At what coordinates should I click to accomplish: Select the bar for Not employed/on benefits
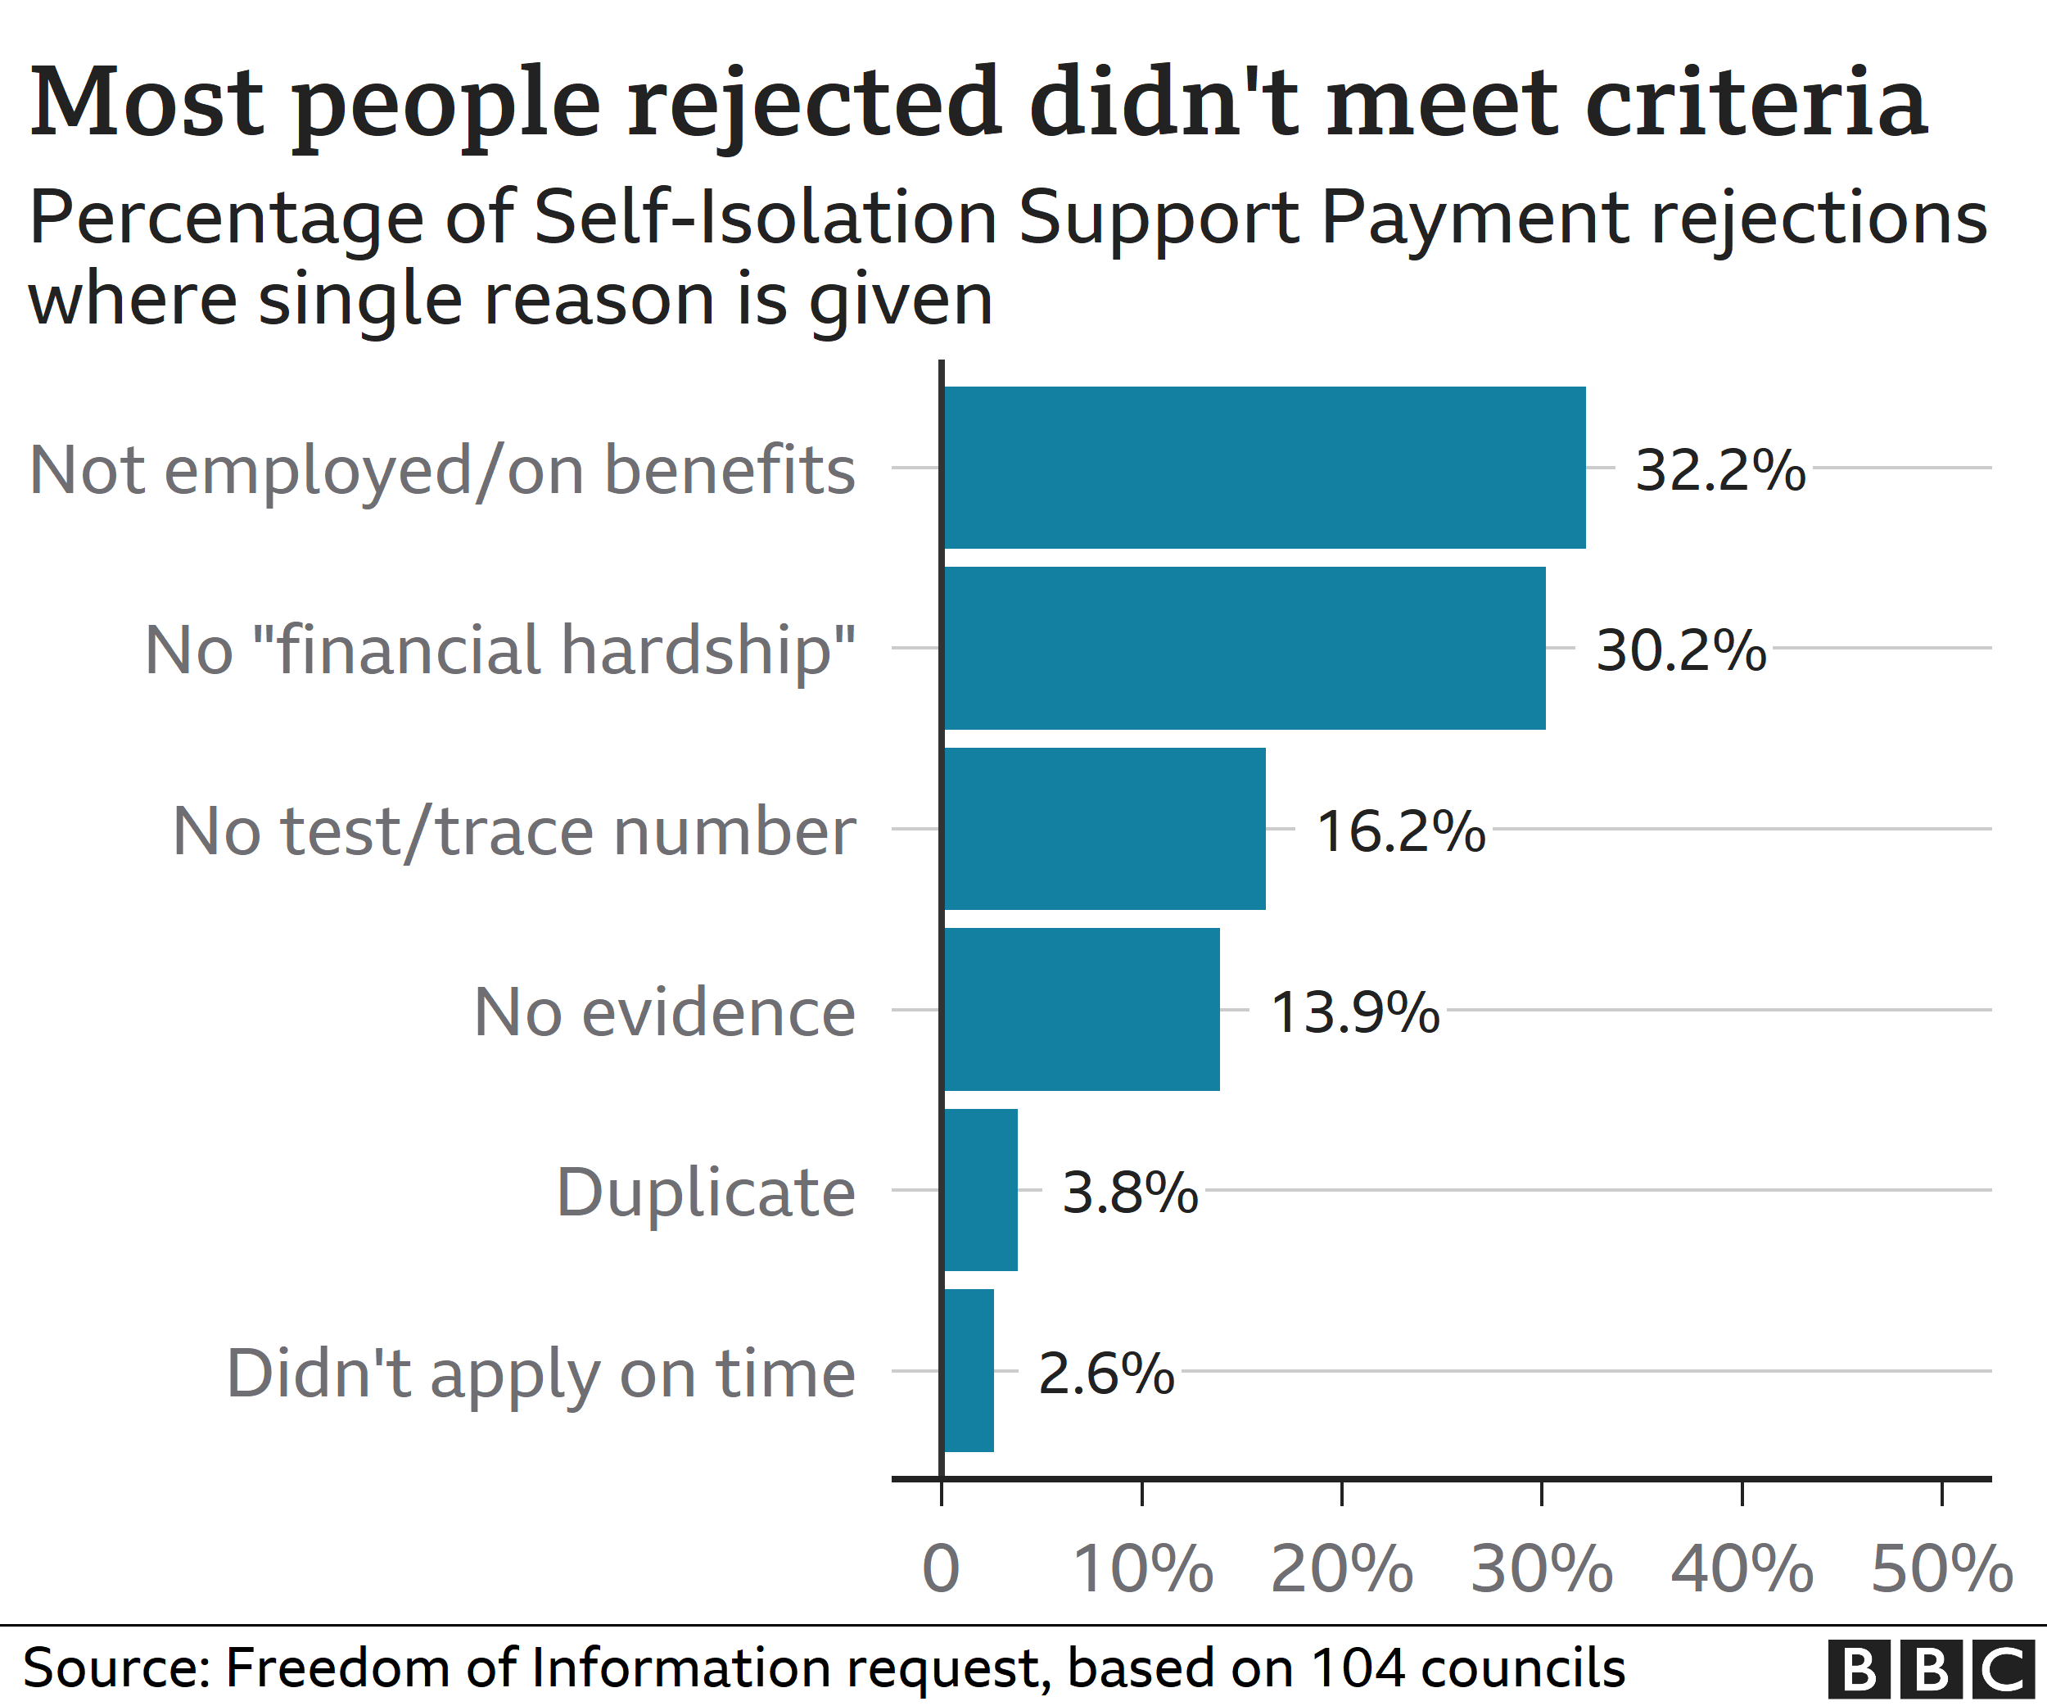point(1264,468)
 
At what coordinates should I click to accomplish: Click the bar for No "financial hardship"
point(1244,649)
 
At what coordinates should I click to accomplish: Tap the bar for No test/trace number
point(1105,829)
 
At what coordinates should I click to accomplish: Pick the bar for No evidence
point(1081,1010)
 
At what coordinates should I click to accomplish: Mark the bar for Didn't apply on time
point(968,1371)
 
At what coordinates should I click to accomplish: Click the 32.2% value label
point(1719,470)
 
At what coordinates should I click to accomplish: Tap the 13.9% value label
point(1355,1012)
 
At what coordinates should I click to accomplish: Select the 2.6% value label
point(1106,1373)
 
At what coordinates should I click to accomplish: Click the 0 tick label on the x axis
point(941,1569)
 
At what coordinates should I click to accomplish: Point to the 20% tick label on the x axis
point(1341,1569)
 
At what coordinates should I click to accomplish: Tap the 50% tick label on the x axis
point(1941,1569)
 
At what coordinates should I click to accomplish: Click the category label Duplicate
point(706,1192)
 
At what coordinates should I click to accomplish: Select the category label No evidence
point(665,1012)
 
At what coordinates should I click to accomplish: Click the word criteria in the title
point(1756,102)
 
